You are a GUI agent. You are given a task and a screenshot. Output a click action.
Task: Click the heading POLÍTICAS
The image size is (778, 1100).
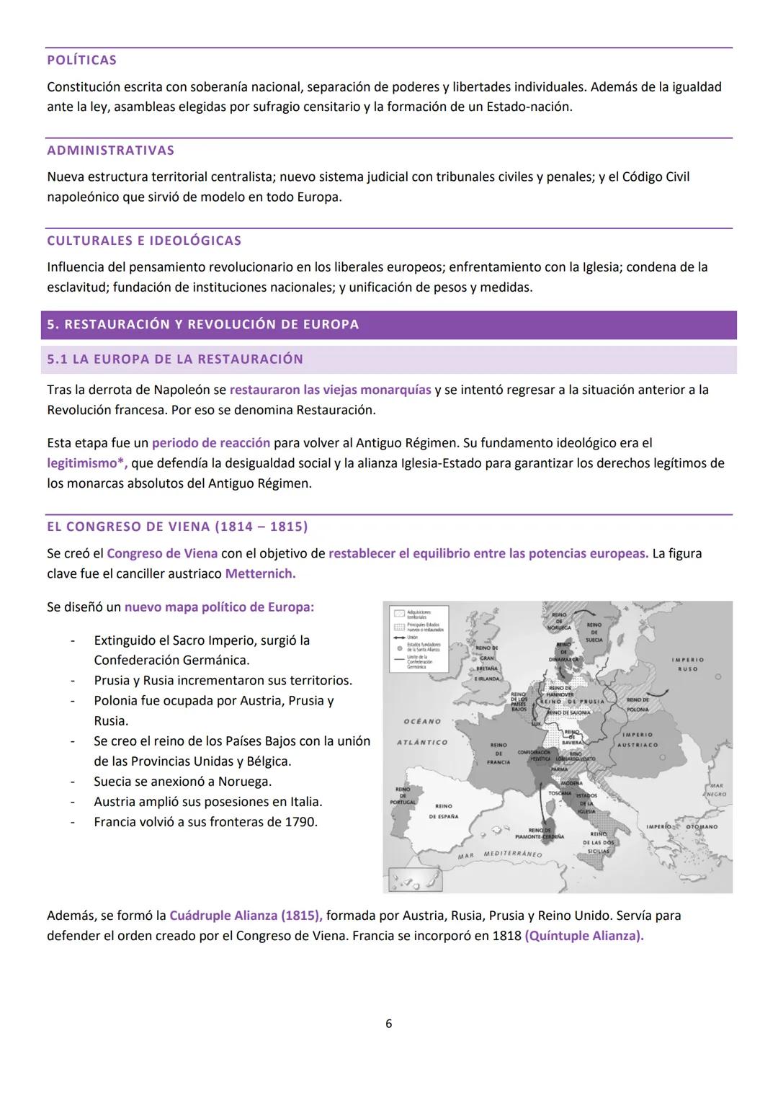tap(81, 61)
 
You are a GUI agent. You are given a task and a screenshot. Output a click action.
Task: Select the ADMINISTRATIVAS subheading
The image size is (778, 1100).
tap(110, 151)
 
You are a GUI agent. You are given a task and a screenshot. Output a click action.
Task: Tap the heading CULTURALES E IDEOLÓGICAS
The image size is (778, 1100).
tap(144, 241)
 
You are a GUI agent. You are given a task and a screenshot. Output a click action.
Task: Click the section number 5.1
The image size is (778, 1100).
tap(57, 359)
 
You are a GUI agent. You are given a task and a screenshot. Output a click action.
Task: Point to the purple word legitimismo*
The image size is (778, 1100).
tap(86, 463)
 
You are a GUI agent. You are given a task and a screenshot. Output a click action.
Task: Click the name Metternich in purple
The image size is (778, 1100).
tap(260, 574)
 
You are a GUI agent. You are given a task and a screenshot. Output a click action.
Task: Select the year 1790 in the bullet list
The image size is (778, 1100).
tap(302, 822)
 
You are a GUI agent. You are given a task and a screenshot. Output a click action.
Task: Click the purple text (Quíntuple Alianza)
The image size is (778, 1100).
tap(584, 936)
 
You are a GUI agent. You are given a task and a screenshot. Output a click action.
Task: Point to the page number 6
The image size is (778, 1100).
tap(389, 1024)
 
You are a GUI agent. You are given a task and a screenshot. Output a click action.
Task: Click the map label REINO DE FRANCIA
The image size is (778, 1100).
tap(498, 753)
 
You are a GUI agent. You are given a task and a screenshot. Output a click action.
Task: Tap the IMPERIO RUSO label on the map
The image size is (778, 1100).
tap(687, 664)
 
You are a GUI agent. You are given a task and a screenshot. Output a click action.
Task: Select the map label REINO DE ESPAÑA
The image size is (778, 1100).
tap(443, 811)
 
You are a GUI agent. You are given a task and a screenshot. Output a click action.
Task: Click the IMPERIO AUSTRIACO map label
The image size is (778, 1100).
tap(637, 740)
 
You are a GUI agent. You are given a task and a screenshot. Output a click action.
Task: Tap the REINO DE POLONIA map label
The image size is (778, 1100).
tap(638, 705)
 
